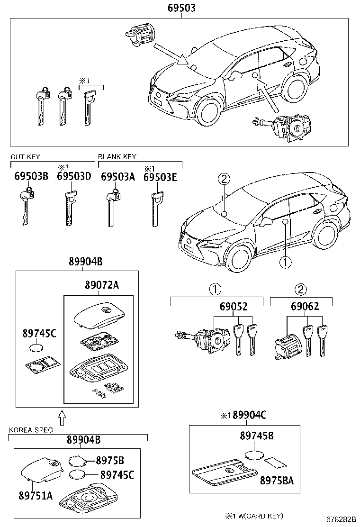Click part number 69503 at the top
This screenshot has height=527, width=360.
pos(181,8)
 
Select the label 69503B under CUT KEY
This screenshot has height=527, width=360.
pos(31,176)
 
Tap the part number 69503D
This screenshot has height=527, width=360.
pos(73,176)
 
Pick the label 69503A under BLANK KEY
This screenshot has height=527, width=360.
pos(118,176)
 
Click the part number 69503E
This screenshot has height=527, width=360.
pos(161,176)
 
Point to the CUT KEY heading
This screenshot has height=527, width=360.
pos(25,156)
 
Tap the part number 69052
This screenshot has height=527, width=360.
pos(233,307)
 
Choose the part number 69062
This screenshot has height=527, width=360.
pos(305,307)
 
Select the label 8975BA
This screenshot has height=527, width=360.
pos(277,480)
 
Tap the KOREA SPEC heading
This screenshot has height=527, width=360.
pos(31,430)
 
